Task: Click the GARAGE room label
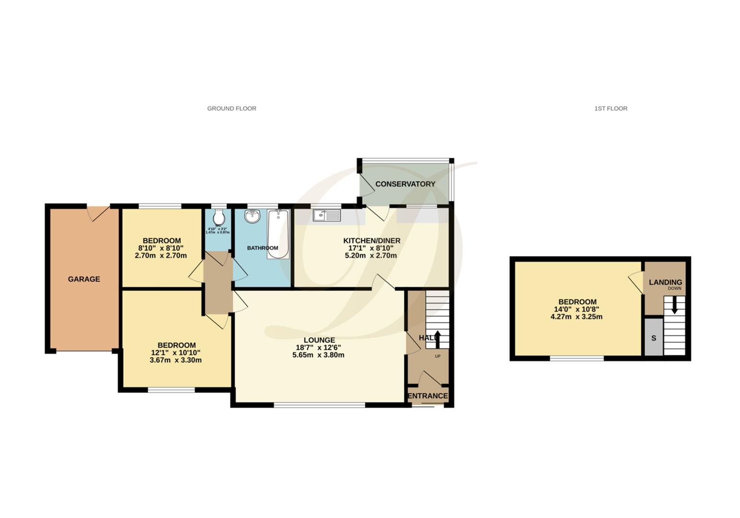[x=84, y=279]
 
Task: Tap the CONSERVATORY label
[x=405, y=184]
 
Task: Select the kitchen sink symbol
[x=327, y=216]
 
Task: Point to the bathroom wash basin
[x=252, y=217]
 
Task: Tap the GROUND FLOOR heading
[x=232, y=108]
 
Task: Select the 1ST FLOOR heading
[x=611, y=108]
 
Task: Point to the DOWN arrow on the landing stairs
[x=675, y=305]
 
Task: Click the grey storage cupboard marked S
[x=653, y=338]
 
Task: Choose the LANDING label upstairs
[x=665, y=283]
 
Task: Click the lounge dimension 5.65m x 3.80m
[x=318, y=355]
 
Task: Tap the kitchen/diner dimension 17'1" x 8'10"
[x=371, y=248]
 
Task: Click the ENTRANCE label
[x=427, y=396]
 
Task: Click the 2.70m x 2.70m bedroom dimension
[x=161, y=256]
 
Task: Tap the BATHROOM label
[x=262, y=248]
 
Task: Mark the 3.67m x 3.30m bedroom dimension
[x=176, y=360]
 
